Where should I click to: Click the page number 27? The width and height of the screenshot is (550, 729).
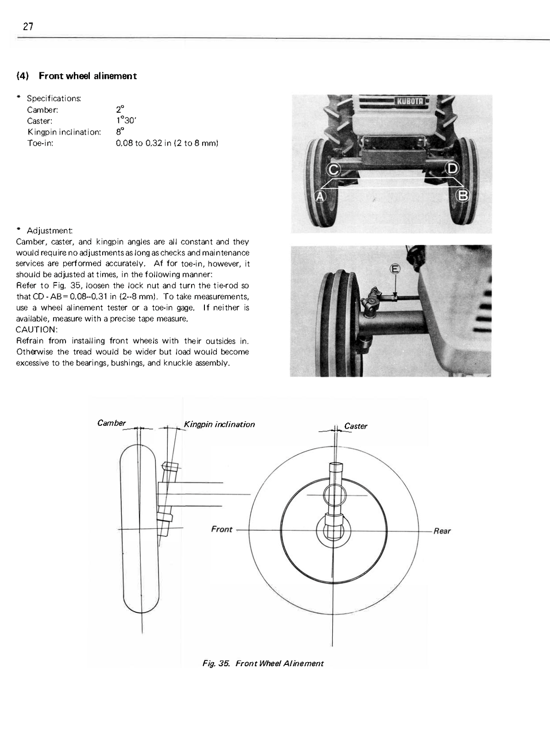point(28,26)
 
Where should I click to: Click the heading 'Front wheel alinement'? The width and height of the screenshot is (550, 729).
point(88,76)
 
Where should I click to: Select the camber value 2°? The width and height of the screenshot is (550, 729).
point(120,109)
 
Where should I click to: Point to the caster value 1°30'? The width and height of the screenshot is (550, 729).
point(126,120)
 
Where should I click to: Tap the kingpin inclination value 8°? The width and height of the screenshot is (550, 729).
point(120,131)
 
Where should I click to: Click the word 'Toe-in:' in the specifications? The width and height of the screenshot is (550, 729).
point(40,143)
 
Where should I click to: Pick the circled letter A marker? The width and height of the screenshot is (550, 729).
point(320,196)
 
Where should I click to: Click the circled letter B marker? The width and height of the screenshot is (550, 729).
point(462,196)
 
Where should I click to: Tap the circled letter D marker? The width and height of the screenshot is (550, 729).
point(452,169)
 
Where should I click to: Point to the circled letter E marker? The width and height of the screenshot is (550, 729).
point(395,269)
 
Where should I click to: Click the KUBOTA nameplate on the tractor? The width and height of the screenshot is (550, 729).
point(410,101)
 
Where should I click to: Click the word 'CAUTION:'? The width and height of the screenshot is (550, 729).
point(37,330)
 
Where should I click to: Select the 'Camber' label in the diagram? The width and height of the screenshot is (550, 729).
point(111,423)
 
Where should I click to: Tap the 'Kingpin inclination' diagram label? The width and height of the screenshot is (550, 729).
point(220,424)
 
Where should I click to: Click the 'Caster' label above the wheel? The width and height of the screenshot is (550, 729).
point(356,426)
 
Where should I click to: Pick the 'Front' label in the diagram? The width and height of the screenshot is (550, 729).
point(222,529)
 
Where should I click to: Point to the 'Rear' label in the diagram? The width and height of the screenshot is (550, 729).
point(442,531)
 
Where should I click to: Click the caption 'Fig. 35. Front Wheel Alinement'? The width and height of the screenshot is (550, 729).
point(263,664)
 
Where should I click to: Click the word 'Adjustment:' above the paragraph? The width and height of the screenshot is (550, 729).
point(49,230)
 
